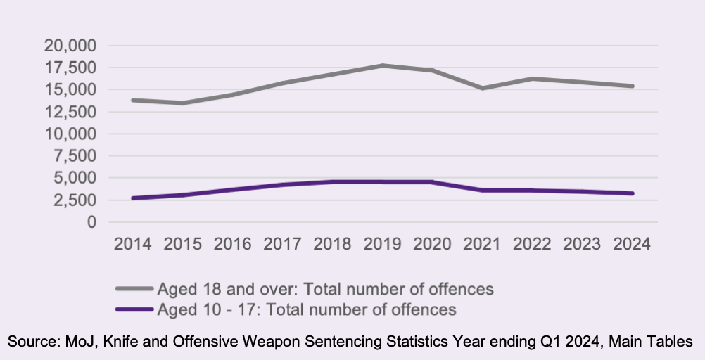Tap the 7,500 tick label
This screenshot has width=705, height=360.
click(75, 156)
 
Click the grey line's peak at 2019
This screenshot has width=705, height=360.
click(382, 65)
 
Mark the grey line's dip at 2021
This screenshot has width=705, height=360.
click(483, 88)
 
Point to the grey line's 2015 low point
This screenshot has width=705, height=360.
click(182, 103)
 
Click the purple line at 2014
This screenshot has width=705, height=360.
click(132, 198)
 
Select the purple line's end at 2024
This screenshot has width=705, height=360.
click(633, 193)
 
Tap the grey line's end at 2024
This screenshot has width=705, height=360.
click(633, 86)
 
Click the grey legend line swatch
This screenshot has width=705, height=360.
click(134, 288)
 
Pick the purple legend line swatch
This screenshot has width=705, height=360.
click(134, 309)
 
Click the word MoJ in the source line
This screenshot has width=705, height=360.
click(72, 342)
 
